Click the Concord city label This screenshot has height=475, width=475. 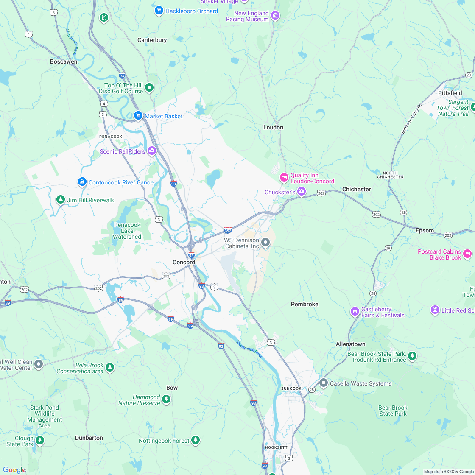(184, 262)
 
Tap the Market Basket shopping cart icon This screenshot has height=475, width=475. (138, 116)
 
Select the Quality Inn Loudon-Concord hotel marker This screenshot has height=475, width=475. (284, 177)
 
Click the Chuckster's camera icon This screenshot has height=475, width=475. (302, 192)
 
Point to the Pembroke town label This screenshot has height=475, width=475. (304, 304)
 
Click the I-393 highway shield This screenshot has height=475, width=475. (228, 230)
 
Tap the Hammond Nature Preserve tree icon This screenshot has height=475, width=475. (166, 399)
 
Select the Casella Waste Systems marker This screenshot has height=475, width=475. (324, 383)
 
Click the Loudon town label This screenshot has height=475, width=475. (273, 127)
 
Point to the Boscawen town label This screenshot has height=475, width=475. (64, 61)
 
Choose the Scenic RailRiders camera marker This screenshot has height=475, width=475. (152, 151)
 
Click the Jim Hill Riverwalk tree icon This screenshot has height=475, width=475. (61, 199)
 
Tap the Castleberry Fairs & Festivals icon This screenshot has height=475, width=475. (355, 312)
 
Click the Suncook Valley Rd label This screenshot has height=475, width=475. (412, 119)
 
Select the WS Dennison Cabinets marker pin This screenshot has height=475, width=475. (265, 243)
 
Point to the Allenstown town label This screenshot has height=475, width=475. (350, 344)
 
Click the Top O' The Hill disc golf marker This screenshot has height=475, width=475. (149, 88)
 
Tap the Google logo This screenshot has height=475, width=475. (14, 469)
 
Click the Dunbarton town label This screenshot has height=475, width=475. (89, 438)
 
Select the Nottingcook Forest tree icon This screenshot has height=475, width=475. (195, 440)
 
